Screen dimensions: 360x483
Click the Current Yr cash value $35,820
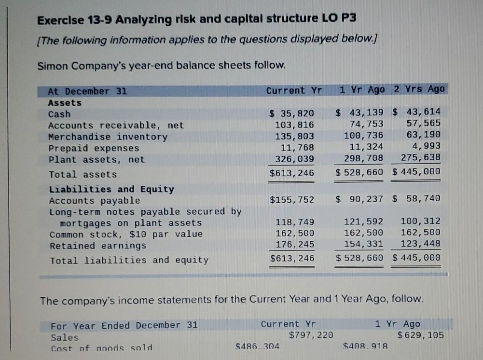291,114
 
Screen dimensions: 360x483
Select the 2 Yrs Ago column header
419,89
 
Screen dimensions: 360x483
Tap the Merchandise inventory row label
108,137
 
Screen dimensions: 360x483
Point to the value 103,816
294,125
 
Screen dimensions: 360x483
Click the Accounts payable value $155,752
291,200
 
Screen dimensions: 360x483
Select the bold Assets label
65,103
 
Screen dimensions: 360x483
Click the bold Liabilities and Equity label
111,189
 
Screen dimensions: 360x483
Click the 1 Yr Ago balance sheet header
362,90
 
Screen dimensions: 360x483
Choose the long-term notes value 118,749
294,222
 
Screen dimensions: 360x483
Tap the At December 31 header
87,91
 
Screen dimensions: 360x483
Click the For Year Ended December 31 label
124,325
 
